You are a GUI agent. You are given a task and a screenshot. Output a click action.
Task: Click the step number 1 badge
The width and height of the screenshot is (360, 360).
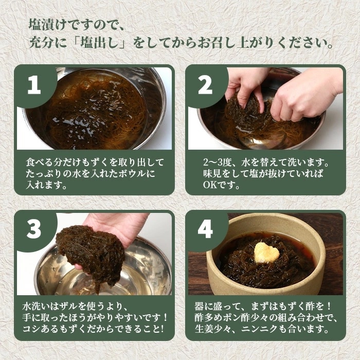point(34,85)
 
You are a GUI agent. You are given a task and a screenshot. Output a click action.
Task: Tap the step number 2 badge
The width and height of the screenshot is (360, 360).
point(205,85)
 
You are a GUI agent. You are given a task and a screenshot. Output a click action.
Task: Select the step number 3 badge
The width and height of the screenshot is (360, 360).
point(34,229)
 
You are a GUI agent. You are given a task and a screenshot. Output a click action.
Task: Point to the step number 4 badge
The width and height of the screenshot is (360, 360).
point(205,229)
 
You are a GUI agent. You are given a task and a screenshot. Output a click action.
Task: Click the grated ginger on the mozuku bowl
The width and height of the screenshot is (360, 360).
point(267,253)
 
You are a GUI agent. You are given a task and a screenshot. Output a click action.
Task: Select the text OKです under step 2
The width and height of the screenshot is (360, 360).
point(221,185)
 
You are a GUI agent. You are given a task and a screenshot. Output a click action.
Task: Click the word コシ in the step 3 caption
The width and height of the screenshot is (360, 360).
point(31,329)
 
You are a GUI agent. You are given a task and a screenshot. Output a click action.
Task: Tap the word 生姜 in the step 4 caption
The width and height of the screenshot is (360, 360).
point(204,329)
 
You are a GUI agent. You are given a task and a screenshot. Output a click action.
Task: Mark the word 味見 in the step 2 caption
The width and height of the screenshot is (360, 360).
point(212,174)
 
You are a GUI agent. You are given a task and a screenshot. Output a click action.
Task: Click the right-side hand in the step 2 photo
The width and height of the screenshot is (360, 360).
point(305,97)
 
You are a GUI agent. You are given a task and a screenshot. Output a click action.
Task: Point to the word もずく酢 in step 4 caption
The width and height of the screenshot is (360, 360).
point(297,307)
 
